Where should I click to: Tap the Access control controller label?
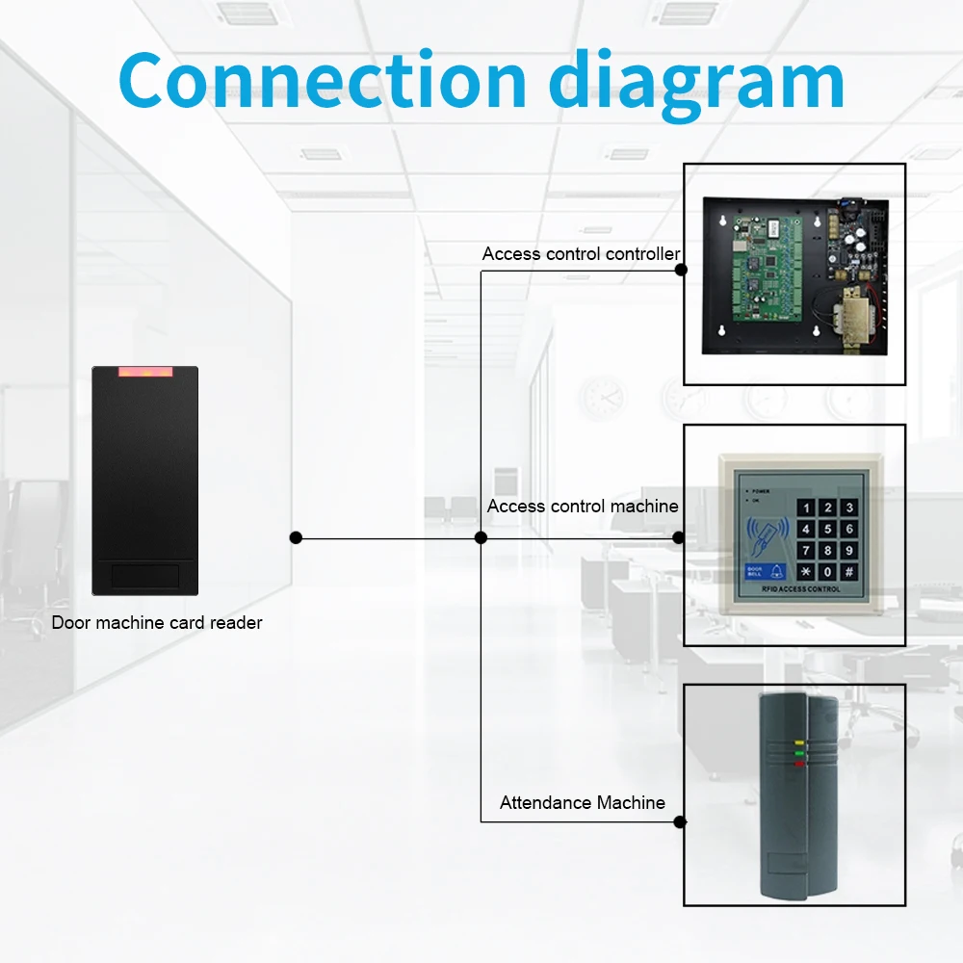point(581,254)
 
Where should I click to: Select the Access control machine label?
point(582,507)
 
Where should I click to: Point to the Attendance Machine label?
point(582,802)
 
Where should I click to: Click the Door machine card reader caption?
point(157,623)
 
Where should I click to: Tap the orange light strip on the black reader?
point(144,371)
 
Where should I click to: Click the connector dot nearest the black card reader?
point(296,537)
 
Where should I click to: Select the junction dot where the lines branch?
point(481,537)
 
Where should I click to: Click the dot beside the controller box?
point(681,270)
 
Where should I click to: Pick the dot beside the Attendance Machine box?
point(681,821)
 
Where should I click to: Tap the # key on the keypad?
point(848,571)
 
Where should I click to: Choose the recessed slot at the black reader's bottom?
point(144,575)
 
